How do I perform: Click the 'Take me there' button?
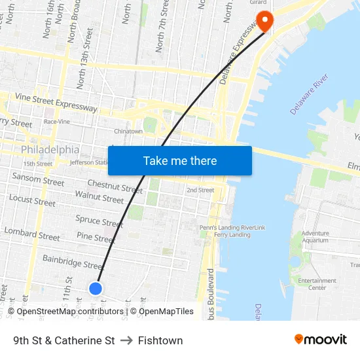180,160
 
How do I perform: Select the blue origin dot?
96,288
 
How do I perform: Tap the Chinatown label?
128,132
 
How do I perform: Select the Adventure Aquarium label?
315,237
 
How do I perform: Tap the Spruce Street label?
98,221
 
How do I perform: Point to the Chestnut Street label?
115,187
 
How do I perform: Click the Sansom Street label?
38,179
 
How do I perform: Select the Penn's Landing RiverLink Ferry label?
232,231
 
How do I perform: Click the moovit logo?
321,340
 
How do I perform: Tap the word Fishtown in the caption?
160,340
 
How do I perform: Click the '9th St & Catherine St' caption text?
64,340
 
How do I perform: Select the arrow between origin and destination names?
126,340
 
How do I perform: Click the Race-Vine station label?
57,122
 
